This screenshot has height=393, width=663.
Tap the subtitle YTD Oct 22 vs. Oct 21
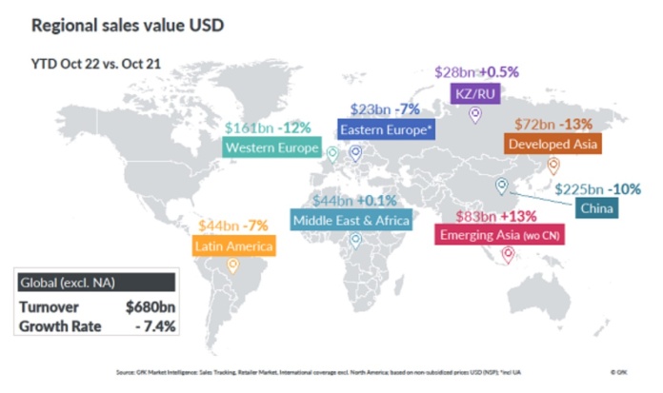click(90, 66)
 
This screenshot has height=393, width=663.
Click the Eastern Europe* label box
click(385, 129)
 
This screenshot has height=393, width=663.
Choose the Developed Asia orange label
click(552, 144)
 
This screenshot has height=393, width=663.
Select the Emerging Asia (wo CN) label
click(499, 234)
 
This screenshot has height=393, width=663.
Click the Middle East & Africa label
click(351, 221)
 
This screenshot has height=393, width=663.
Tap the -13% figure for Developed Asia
click(577, 125)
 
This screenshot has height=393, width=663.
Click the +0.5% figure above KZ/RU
click(497, 71)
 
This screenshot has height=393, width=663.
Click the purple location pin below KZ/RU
click(475, 115)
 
